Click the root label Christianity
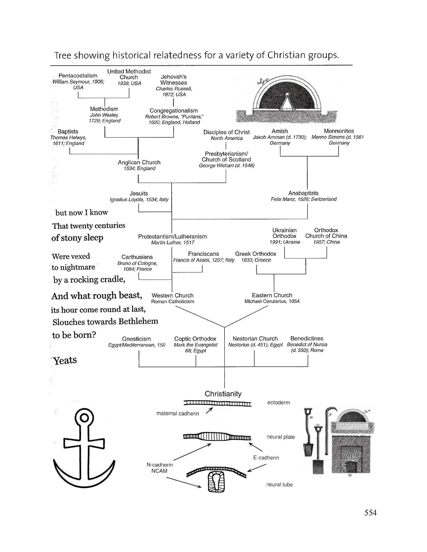coord(223,394)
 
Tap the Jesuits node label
coord(139,193)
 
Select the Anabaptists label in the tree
coord(303,193)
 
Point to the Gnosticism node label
coord(136,339)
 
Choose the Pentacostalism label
coord(78,76)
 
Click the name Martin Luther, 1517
coord(173,243)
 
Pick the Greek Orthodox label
coord(255,254)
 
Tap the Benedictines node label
coord(307,338)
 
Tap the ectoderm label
coord(279,402)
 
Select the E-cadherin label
coord(266,458)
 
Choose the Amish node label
coord(280,131)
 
